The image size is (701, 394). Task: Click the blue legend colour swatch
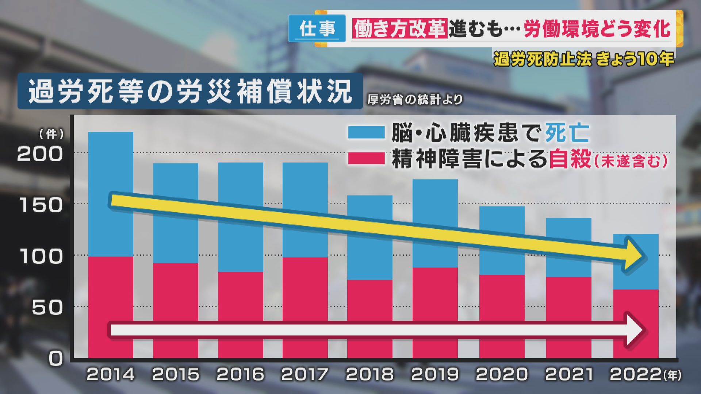(x=366, y=132)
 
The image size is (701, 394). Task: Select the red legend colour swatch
(x=366, y=159)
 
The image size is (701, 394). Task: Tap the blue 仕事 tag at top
(x=317, y=28)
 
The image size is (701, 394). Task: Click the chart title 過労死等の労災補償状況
(x=190, y=91)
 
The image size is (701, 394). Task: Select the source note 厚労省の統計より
(x=415, y=100)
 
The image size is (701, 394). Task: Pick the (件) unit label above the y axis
(x=51, y=134)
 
